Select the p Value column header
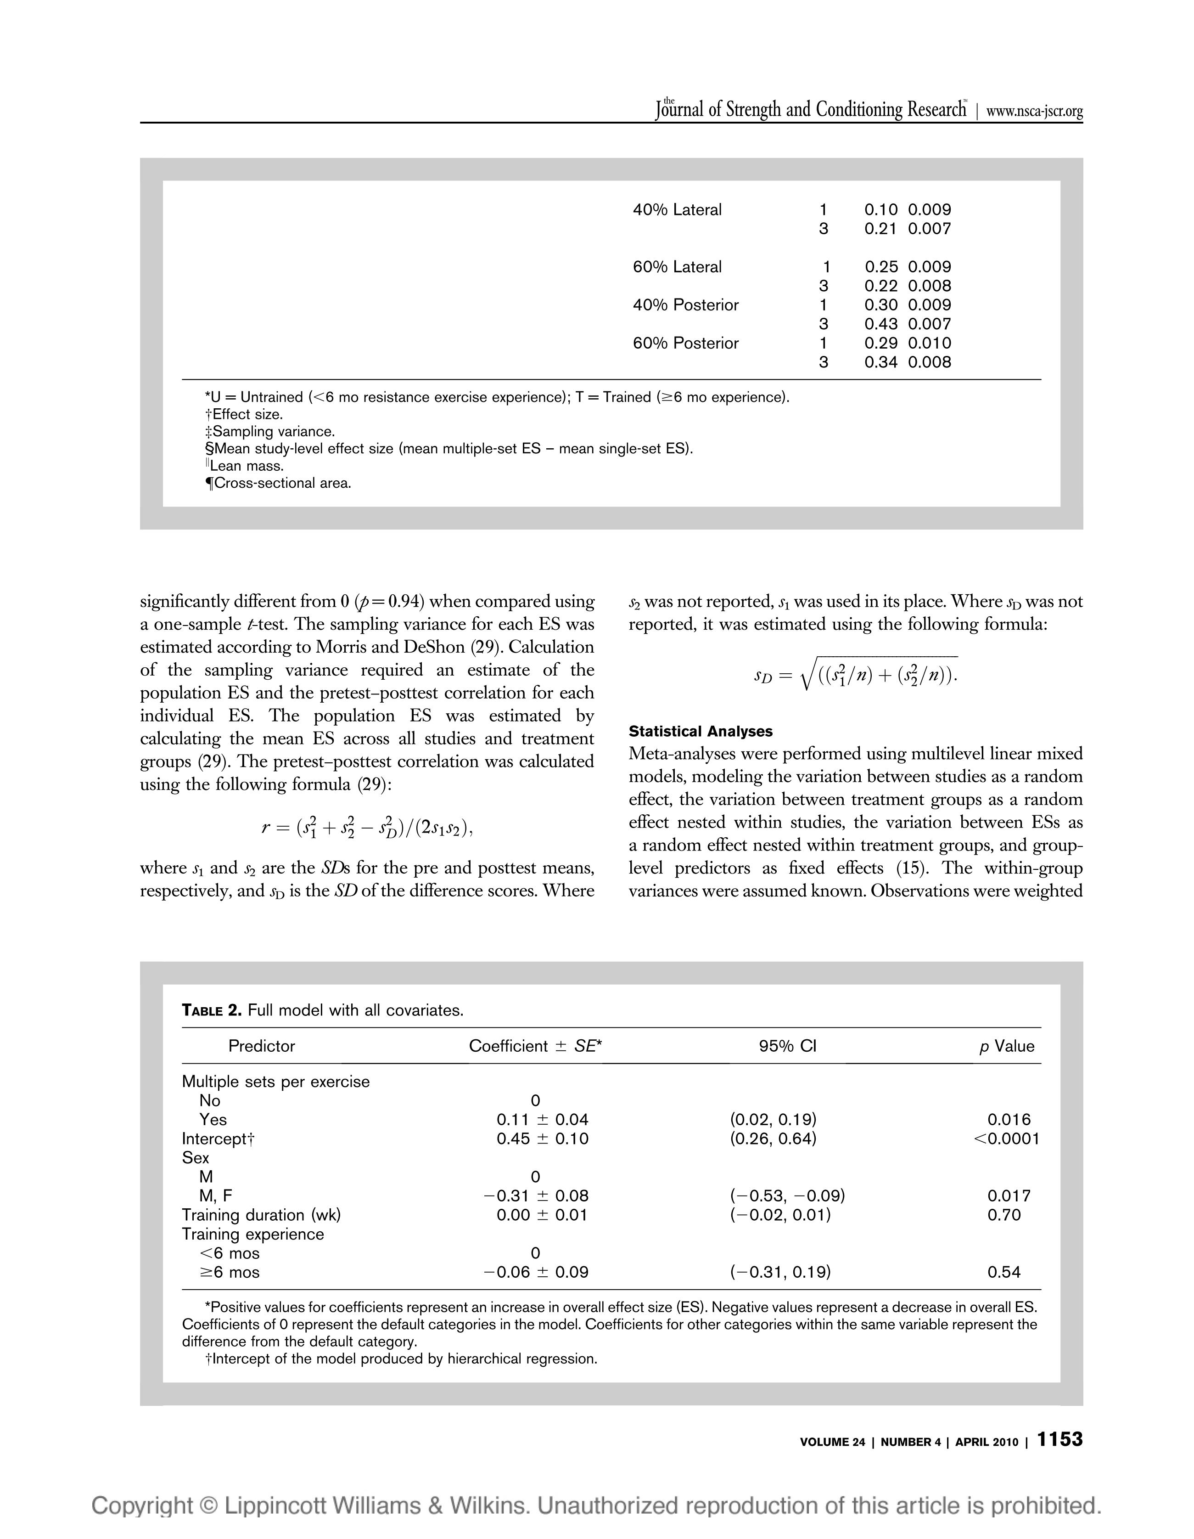[1007, 1046]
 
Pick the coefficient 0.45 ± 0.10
[543, 1139]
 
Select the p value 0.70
[1004, 1215]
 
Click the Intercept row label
[218, 1139]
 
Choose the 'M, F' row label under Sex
[216, 1196]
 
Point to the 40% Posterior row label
[685, 305]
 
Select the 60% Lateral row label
[677, 267]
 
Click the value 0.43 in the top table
[880, 324]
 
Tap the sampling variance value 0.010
[929, 343]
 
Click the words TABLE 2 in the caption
[211, 1010]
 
